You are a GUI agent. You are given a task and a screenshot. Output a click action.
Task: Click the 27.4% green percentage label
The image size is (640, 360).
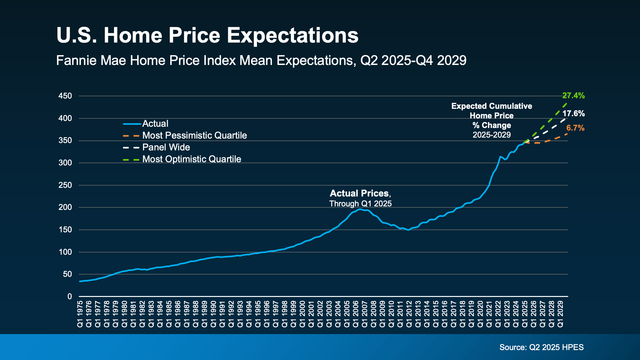(573, 96)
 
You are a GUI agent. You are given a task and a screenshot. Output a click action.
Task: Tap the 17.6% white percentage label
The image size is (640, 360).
(573, 114)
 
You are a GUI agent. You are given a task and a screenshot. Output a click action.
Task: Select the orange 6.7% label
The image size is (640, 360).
(575, 128)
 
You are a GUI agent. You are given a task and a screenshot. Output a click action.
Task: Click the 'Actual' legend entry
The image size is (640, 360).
(155, 124)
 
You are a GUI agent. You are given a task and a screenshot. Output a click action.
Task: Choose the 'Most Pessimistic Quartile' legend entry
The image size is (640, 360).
(195, 136)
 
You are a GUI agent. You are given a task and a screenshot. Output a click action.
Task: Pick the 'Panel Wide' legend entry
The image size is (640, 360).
(166, 148)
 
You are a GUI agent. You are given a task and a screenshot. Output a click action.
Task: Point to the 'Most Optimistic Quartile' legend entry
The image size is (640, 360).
(192, 159)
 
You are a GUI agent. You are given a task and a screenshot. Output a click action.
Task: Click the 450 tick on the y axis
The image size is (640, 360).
(65, 96)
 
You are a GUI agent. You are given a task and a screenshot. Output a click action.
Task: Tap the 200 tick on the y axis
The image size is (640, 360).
(65, 207)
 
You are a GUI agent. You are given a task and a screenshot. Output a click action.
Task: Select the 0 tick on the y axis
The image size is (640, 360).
(70, 297)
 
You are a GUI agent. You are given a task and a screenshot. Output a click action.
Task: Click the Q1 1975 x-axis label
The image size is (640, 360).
(80, 314)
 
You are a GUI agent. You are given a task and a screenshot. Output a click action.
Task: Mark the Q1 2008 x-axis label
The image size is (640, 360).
(374, 314)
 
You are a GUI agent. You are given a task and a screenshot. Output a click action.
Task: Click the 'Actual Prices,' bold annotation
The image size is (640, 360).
(360, 194)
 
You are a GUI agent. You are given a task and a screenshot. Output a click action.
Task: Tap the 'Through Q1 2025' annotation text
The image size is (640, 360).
(360, 204)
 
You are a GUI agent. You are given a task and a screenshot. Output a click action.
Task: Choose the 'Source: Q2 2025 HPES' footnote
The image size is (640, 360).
(541, 348)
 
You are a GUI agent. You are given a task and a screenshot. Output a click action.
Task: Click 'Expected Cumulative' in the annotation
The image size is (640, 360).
(492, 106)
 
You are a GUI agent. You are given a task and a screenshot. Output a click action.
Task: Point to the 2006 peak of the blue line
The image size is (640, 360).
(360, 209)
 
